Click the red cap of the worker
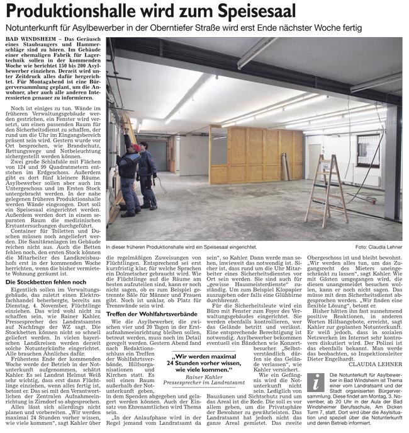pyautogui.click(x=138, y=147)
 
